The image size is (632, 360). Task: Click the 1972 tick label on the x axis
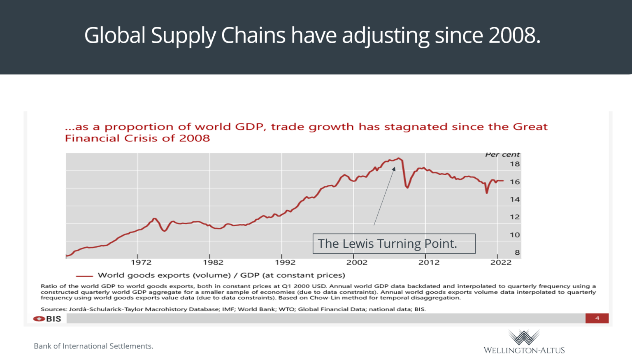pos(141,262)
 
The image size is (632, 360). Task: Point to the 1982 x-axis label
pos(213,262)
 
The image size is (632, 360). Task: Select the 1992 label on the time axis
pos(285,262)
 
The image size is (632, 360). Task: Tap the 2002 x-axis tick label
pos(357,262)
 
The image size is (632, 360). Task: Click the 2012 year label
pos(429,262)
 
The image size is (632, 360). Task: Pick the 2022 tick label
pos(501,262)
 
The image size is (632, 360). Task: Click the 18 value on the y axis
pos(515,164)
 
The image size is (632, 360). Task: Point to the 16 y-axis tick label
pos(515,182)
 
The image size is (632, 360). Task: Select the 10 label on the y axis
pos(515,235)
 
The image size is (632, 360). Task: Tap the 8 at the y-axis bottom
pos(517,253)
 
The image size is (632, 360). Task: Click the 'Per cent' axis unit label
pos(502,155)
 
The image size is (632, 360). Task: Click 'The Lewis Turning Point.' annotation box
pos(394,244)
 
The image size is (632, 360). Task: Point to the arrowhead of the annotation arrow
pos(394,169)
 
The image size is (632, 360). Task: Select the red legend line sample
pos(84,276)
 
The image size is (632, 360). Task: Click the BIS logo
pos(47,319)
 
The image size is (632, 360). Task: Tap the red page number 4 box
pos(597,318)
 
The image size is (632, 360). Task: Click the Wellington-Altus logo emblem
pos(524,337)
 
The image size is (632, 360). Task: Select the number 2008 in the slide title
pos(514,35)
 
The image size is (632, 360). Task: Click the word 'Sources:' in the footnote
pos(53,309)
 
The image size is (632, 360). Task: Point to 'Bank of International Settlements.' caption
pos(93,346)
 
